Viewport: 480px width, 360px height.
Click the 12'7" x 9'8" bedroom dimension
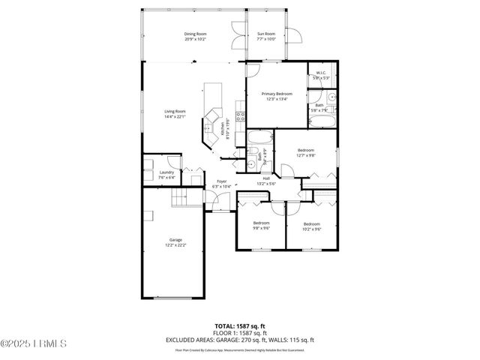pos(305,155)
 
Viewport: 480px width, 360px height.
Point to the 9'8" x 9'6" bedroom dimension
pos(261,228)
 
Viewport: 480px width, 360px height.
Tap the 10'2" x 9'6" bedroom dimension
pos(311,228)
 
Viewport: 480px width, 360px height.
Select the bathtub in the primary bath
pos(324,121)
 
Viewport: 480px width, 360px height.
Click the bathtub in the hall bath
pos(260,138)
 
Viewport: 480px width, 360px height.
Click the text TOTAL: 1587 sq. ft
pos(239,326)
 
